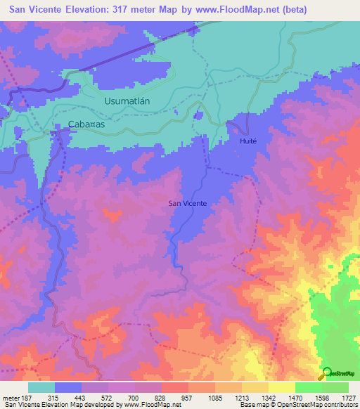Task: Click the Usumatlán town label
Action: (x=127, y=101)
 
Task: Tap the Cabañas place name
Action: (x=86, y=124)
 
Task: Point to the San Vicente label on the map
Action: (x=187, y=204)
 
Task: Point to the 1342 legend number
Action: (x=269, y=398)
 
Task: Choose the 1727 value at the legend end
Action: (x=349, y=398)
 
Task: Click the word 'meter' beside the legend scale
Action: (x=10, y=398)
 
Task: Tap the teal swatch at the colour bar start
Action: (x=41, y=387)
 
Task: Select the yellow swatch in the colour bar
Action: (x=281, y=387)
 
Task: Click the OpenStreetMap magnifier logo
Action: (x=325, y=372)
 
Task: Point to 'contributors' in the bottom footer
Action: (x=342, y=405)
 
